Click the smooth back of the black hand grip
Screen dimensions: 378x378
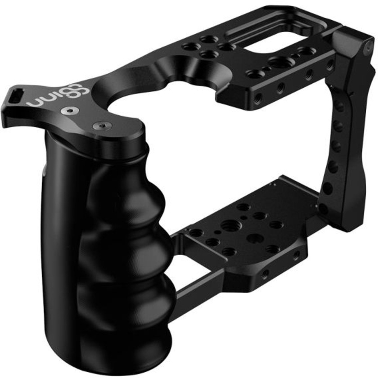point(58,225)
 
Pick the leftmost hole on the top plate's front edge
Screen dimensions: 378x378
point(256,99)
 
